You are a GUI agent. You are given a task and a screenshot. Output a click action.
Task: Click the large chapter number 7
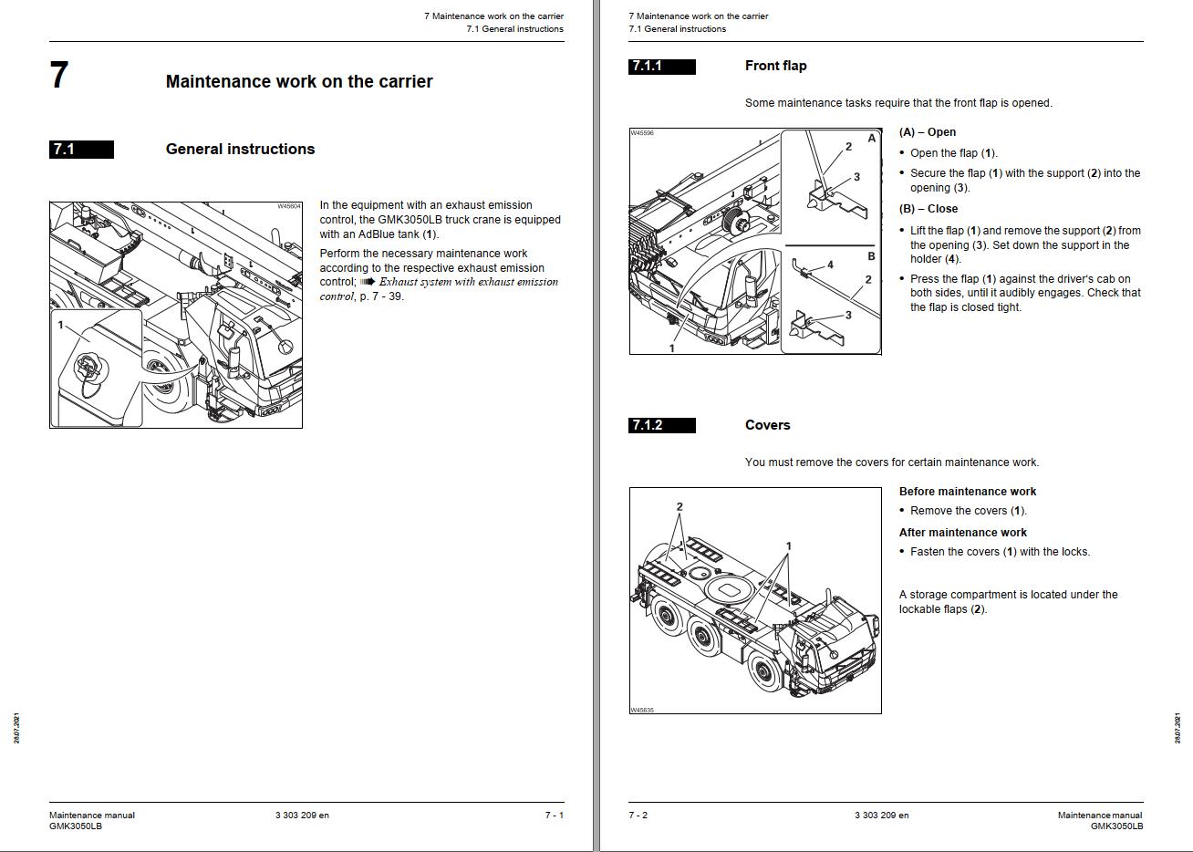pos(59,75)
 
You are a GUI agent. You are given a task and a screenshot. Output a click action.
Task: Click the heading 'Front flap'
pos(775,66)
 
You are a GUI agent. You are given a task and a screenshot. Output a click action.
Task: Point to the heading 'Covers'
pos(767,425)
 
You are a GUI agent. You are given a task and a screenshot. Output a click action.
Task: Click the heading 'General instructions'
pos(240,150)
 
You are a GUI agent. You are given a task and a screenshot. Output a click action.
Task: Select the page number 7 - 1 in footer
pos(554,816)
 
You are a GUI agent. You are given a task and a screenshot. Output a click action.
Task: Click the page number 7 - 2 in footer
pos(638,816)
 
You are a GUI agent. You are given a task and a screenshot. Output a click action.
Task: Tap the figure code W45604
pos(288,207)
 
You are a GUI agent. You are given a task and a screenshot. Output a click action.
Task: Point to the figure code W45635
pos(641,710)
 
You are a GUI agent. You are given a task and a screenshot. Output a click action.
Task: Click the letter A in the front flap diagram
pos(871,139)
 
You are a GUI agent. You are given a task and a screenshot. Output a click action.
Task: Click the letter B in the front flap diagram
pos(871,256)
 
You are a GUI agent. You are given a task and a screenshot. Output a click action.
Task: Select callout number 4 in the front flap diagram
pos(830,265)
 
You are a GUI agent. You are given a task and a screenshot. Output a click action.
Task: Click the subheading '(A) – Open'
pos(927,132)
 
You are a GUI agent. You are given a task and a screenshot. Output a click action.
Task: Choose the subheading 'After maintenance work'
pos(962,533)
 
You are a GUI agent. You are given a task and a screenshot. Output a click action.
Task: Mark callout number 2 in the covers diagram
pos(679,507)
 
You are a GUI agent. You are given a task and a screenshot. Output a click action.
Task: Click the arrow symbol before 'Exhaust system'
pos(368,282)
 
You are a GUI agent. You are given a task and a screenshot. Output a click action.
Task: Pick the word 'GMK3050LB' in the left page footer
pos(76,826)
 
